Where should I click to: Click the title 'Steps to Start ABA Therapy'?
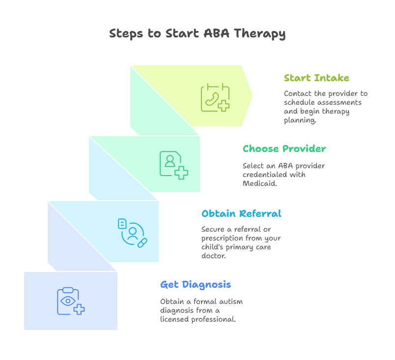[197, 34]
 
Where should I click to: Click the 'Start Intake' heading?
[316, 78]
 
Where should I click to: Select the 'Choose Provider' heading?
[284, 149]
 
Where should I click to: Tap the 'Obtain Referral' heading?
[241, 213]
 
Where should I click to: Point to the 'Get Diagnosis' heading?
[196, 285]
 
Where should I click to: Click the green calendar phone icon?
[215, 97]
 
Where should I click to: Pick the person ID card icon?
[174, 165]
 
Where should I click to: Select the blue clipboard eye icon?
[71, 301]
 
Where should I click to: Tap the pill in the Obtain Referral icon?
[142, 243]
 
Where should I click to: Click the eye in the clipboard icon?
[68, 301]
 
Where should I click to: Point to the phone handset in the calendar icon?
[212, 99]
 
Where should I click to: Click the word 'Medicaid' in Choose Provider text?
[259, 183]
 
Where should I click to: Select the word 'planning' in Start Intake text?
[300, 120]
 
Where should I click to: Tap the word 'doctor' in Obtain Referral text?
[213, 256]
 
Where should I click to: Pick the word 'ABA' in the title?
[216, 33]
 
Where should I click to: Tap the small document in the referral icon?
[122, 224]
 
